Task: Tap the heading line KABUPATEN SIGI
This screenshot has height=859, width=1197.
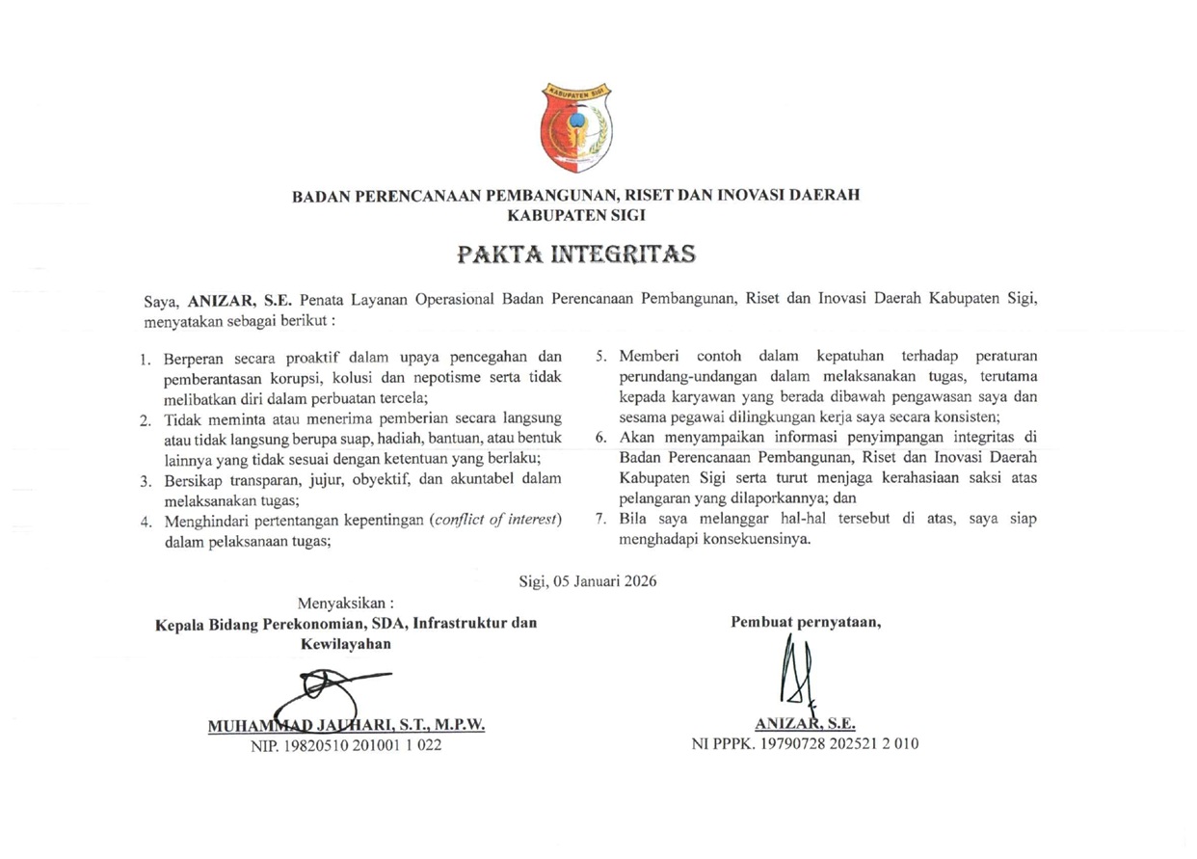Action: point(575,215)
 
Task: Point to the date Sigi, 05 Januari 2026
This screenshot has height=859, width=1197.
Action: point(588,580)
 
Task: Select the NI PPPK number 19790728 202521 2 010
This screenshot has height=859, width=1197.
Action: point(805,744)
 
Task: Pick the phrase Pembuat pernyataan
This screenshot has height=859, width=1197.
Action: point(807,622)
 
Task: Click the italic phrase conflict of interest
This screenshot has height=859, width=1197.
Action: point(511,522)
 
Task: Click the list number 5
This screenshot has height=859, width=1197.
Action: point(599,357)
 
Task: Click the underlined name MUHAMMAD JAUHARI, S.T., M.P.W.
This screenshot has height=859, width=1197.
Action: point(346,725)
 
